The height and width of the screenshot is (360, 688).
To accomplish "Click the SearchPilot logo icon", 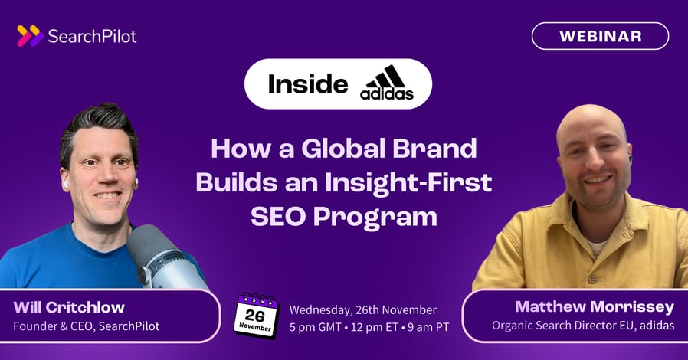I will pyautogui.click(x=29, y=36).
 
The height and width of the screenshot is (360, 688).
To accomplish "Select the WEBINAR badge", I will pyautogui.click(x=600, y=36).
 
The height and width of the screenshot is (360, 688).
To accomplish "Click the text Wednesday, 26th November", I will pyautogui.click(x=362, y=310).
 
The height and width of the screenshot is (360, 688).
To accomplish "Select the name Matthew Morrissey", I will pyautogui.click(x=595, y=307).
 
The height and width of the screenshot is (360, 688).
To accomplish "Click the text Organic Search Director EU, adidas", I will pyautogui.click(x=582, y=326).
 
